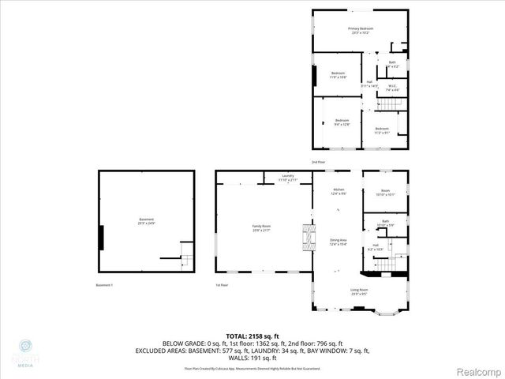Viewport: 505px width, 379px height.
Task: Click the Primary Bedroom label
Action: pos(361,30)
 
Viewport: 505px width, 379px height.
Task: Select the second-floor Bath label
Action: pos(392,64)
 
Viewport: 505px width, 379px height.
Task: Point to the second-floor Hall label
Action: pos(369,83)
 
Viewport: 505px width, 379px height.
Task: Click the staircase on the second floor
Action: pos(392,103)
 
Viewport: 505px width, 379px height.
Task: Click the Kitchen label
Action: pos(339,191)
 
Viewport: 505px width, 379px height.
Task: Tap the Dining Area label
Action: pos(339,241)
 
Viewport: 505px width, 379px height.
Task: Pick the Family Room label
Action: pos(261,228)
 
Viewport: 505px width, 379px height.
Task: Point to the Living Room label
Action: pos(359,291)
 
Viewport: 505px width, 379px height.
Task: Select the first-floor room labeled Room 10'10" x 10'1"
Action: pos(385,192)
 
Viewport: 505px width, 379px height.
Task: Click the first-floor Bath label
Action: pos(385,223)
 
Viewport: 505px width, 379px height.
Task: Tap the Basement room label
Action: pos(146,221)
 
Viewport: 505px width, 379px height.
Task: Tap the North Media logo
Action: pos(24,352)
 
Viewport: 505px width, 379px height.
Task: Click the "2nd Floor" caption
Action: pos(318,162)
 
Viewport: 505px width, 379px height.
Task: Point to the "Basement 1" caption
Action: pos(105,285)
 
